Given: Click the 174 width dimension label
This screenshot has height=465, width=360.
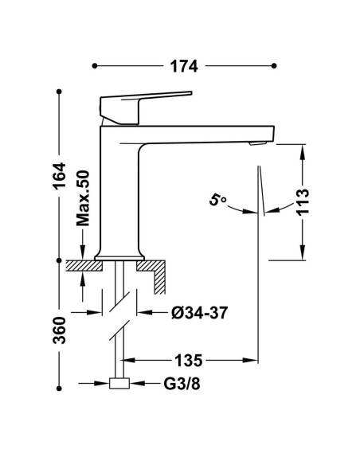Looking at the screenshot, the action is tap(183, 66).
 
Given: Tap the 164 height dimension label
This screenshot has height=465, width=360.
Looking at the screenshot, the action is tap(59, 175).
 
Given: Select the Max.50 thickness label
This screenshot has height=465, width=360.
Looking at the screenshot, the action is tap(83, 197).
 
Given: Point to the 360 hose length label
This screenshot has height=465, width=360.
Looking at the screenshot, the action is tap(59, 330).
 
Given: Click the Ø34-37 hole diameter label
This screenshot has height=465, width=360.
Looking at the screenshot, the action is tap(200, 313).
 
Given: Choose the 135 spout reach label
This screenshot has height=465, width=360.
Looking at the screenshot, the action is tap(188, 361).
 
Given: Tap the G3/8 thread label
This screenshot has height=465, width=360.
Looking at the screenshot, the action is tap(182, 384).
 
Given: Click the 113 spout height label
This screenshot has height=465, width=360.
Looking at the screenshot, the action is tap(303, 201).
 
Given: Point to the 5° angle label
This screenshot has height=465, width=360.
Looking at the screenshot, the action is tap(217, 200).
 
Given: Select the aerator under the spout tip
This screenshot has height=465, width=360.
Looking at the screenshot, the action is tap(258, 144).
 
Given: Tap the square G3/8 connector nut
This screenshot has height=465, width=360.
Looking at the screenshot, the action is tap(119, 384).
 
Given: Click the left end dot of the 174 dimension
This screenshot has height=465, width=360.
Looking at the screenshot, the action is tap(95, 66).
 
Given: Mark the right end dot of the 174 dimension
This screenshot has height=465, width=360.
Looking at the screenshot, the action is tap(274, 66).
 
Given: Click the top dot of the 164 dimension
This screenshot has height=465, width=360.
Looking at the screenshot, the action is tap(59, 92).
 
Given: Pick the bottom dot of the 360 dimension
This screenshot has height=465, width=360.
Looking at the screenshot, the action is tap(59, 389).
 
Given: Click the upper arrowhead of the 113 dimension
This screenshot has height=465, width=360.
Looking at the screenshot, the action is tap(303, 151).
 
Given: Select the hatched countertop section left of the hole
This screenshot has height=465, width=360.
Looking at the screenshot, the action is tap(84, 266).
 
